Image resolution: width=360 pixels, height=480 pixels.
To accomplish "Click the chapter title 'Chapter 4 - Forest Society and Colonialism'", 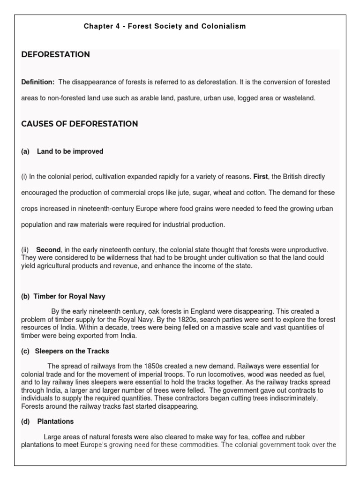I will pos(165,26).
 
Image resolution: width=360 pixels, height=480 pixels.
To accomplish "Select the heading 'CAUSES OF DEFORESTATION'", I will pos(80,124).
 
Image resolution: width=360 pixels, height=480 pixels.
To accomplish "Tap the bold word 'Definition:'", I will pos(38,82).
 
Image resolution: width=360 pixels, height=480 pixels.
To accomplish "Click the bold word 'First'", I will pos(260,176).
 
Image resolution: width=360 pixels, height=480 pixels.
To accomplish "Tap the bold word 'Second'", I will pos(48,250).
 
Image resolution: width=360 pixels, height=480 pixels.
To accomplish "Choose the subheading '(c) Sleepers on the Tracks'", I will pos(65,351).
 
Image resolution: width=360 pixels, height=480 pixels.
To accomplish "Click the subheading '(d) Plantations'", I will pos(47,421).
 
